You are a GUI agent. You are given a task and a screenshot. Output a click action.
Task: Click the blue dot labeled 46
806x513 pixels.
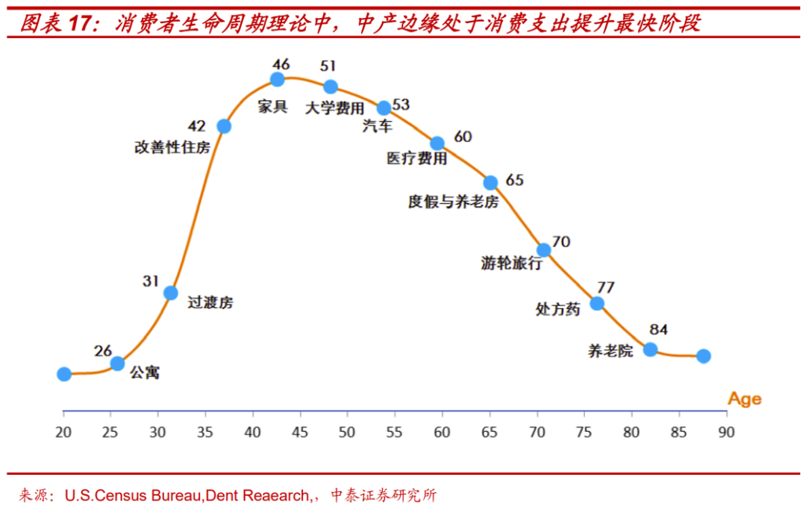pos(278,79)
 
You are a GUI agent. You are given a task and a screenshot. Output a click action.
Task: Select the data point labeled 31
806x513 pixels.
pos(171,293)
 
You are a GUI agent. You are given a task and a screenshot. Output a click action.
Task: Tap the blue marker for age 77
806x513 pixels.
pos(597,303)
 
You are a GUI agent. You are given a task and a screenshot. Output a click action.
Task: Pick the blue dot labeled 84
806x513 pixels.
pos(650,349)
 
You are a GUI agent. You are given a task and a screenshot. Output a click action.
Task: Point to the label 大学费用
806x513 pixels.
pos(335,108)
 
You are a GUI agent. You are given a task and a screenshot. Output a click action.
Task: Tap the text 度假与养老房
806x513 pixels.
pos(453,202)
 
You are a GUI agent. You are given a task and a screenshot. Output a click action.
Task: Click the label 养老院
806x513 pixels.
pos(610,350)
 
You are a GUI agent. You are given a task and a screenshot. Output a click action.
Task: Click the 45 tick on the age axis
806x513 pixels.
pos(299,431)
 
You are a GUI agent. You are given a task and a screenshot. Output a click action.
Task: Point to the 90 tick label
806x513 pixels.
pos(725,431)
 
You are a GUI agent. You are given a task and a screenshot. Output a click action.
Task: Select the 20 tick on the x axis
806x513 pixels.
pos(63,431)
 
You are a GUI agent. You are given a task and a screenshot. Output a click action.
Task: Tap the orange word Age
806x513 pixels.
pos(745,399)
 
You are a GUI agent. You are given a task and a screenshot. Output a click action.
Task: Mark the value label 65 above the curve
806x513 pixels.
pos(514,180)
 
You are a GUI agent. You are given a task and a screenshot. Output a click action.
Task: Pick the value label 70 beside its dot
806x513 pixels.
pos(560,242)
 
